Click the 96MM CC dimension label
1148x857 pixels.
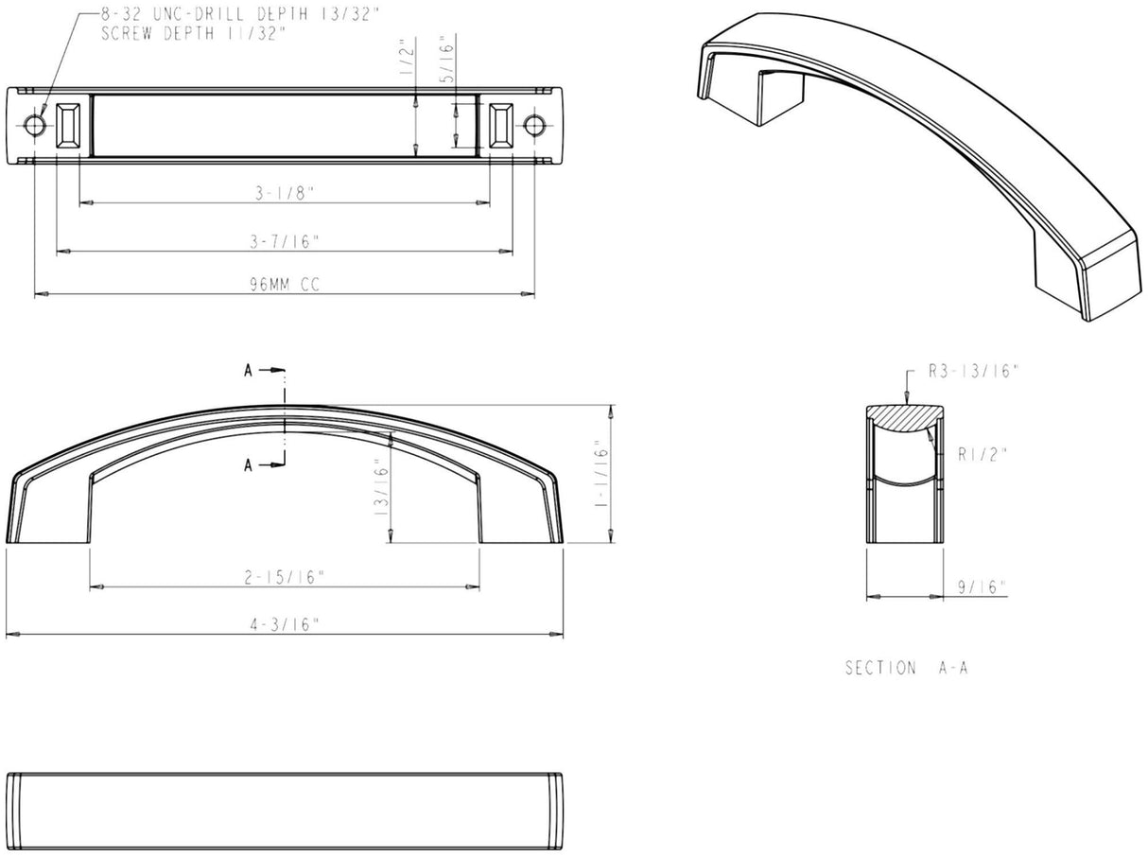(285, 285)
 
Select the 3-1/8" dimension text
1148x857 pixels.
(285, 193)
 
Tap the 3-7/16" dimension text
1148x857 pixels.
(285, 241)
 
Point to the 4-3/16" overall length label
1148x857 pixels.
(285, 624)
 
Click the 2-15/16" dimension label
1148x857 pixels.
(285, 577)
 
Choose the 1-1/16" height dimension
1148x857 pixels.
(601, 475)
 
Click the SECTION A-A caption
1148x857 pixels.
(906, 668)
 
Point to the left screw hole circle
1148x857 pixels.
(35, 125)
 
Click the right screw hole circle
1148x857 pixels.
(534, 125)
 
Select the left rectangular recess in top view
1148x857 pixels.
(70, 125)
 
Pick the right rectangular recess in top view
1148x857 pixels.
(500, 125)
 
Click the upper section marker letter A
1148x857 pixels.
(248, 371)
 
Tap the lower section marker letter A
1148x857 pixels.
(248, 464)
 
